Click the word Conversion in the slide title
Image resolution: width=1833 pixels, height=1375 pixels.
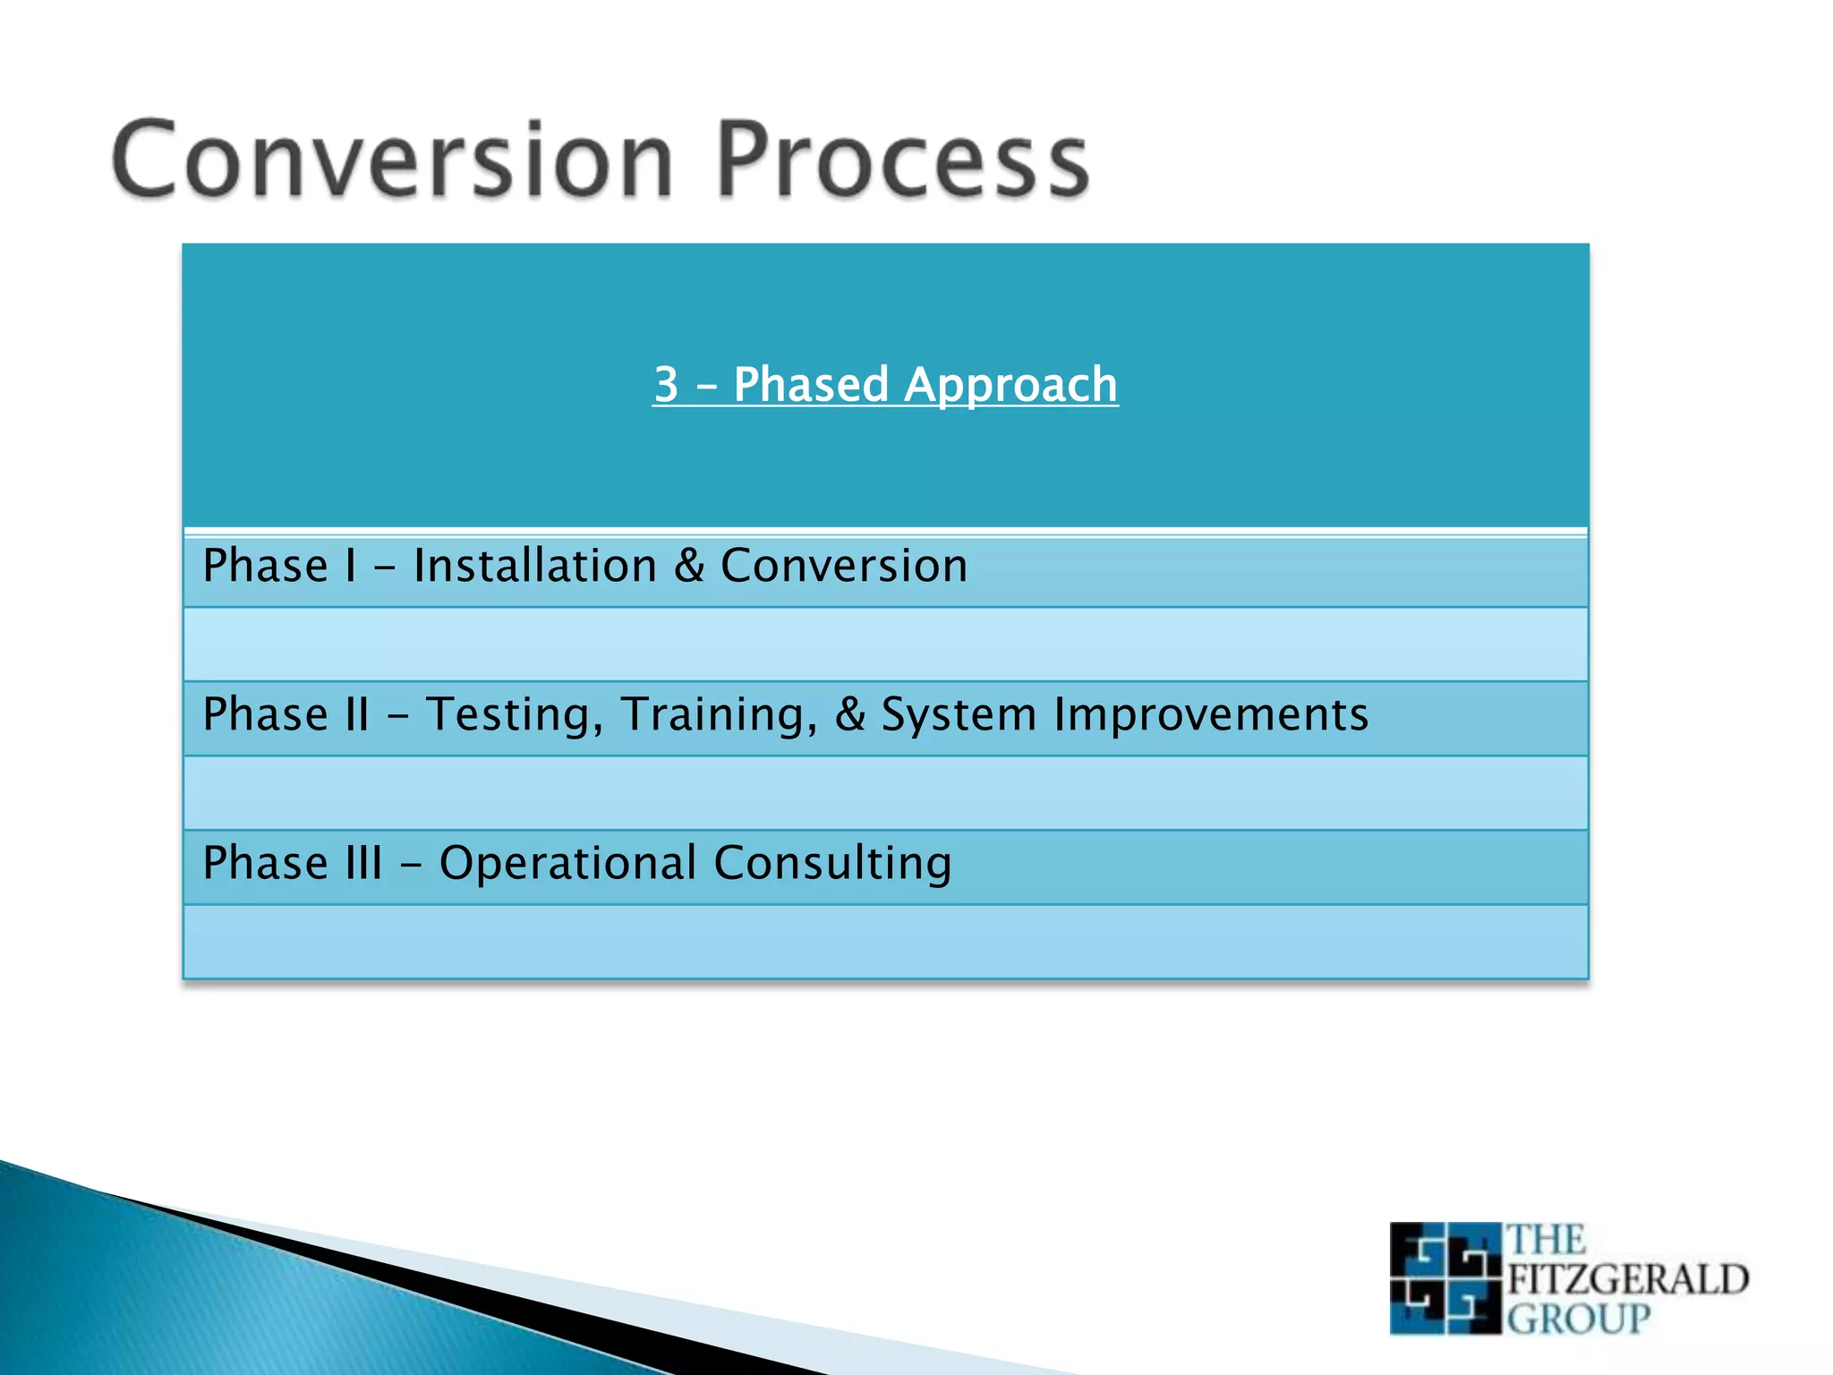pos(392,159)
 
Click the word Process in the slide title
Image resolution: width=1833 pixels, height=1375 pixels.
pos(902,159)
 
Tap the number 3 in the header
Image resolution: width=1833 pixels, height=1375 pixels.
pos(666,385)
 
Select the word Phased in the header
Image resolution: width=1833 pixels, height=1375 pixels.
pos(811,385)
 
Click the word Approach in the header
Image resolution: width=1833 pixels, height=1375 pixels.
pos(1010,387)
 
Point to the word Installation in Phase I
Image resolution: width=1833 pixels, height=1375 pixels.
pos(535,566)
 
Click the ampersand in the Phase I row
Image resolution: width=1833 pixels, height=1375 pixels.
pos(689,566)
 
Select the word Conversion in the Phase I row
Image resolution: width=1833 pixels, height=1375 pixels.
pos(844,566)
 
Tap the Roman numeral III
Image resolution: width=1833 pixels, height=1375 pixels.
pos(363,863)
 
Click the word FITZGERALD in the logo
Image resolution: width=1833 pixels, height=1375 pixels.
pos(1628,1279)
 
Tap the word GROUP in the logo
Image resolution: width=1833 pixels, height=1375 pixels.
pos(1579,1319)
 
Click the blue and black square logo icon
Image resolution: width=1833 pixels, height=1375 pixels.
pos(1445,1278)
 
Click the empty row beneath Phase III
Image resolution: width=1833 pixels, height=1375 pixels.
pos(886,942)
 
